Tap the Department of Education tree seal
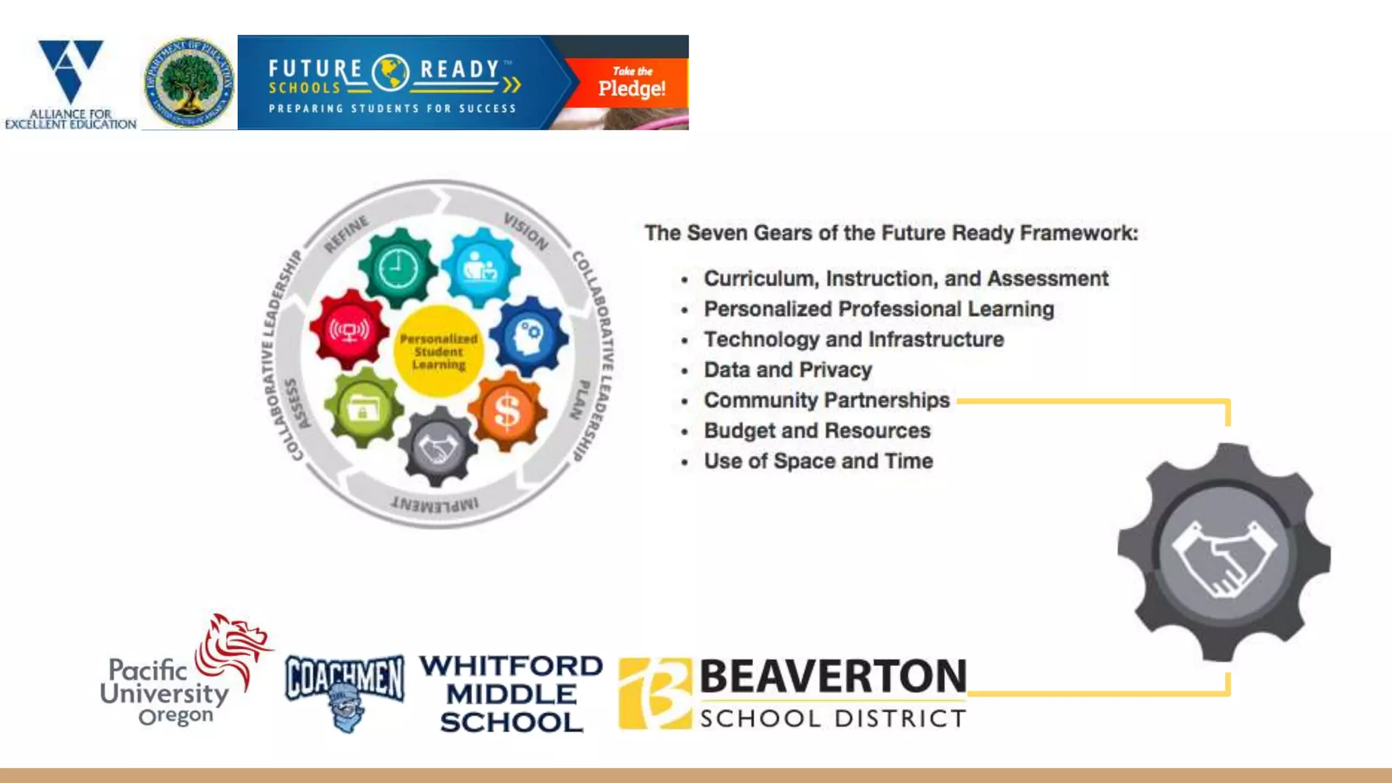190,83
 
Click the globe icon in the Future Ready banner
391,73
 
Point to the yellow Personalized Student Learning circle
438,351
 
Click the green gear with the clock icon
398,268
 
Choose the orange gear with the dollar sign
507,411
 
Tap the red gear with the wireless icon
349,330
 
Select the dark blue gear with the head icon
529,336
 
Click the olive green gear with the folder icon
364,408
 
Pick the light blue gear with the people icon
481,267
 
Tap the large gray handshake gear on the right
1224,553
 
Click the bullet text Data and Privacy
788,370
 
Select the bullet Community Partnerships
826,400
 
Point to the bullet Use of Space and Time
818,461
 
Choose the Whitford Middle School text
511,693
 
